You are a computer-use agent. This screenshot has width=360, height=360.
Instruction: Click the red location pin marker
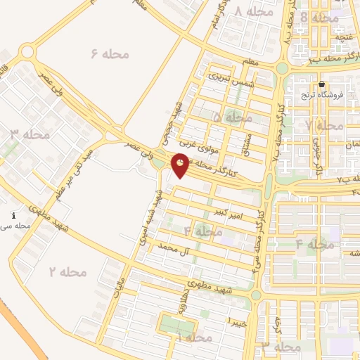point(181,165)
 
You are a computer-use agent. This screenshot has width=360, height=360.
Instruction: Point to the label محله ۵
point(232,117)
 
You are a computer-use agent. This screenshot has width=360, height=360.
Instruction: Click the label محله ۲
point(68,271)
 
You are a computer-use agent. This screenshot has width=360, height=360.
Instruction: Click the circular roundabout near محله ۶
point(27,51)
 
